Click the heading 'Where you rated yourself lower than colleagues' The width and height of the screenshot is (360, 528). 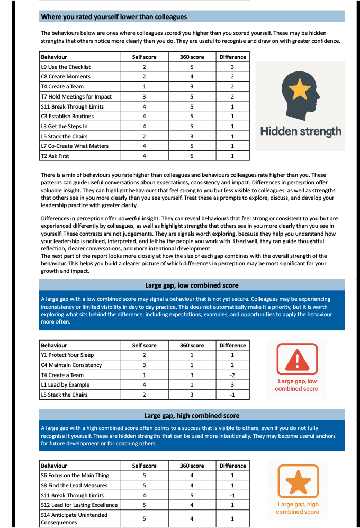(114, 17)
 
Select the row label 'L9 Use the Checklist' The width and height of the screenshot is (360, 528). (66, 67)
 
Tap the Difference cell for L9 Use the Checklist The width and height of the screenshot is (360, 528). (232, 67)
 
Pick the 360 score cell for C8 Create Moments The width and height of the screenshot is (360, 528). (192, 77)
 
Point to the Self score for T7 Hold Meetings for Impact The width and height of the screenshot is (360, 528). (144, 96)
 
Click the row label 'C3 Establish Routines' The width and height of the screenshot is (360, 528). (67, 116)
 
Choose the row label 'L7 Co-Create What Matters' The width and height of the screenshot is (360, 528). (75, 146)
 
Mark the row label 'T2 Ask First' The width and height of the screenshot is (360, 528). (55, 156)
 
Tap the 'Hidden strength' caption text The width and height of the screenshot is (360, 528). (301, 131)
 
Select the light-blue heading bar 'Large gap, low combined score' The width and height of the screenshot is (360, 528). (192, 285)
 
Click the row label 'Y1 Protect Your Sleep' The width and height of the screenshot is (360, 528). (67, 355)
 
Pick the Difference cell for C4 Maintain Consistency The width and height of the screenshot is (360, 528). (232, 365)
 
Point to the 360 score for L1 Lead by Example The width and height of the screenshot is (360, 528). (192, 384)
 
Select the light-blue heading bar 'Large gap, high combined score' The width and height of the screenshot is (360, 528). (192, 416)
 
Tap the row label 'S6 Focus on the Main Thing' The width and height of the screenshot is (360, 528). (74, 475)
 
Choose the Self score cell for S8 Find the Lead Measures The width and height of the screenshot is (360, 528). (144, 485)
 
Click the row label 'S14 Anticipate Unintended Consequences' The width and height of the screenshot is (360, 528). (74, 518)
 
